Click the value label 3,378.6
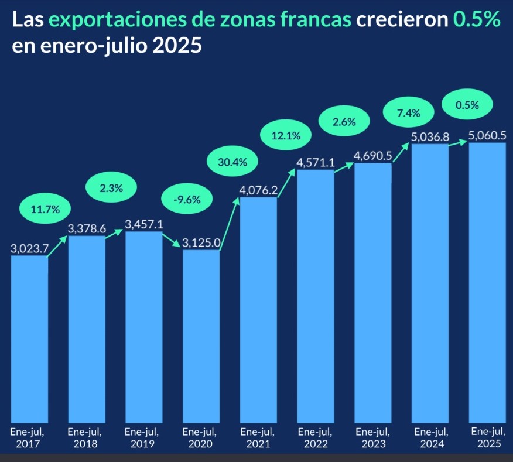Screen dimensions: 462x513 point(87,228)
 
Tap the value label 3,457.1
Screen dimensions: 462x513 point(144,224)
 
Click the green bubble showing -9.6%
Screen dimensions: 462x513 point(187,199)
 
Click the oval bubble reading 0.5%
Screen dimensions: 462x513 point(467,105)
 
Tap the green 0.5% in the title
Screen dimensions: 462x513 point(477,21)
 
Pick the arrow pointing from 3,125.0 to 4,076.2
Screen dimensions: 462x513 point(230,225)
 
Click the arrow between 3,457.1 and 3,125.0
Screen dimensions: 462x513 point(172,241)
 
